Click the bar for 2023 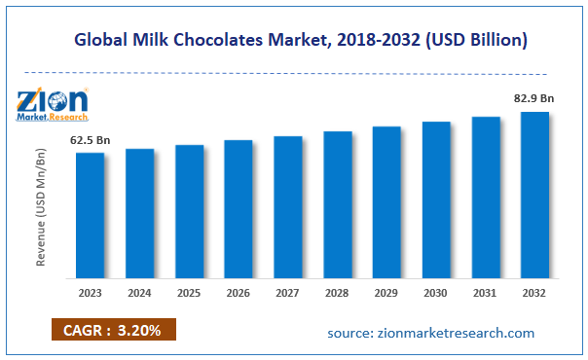91,215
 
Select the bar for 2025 189,211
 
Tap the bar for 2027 288,206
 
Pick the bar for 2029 386,201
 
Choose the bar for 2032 534,195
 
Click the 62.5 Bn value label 90,141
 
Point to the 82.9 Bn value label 534,98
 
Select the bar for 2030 436,199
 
